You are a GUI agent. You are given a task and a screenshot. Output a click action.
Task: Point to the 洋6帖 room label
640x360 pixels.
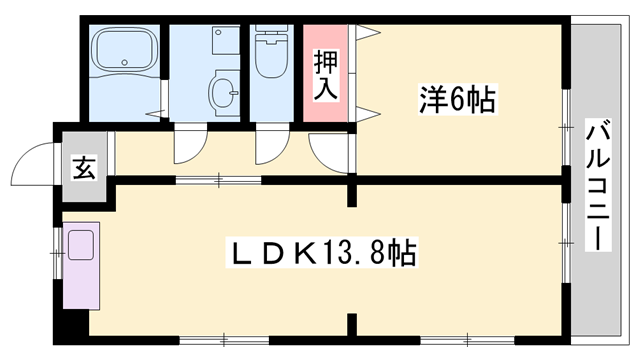click(457, 99)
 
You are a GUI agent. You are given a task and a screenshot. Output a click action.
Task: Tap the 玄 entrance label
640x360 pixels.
click(83, 165)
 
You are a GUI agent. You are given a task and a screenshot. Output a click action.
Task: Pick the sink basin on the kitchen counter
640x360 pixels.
click(81, 244)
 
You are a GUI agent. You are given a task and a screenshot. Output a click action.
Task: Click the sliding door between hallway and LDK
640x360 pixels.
click(221, 180)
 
